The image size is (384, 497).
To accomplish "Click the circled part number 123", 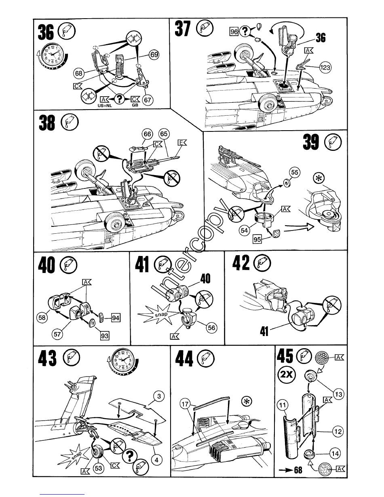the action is tap(325, 68).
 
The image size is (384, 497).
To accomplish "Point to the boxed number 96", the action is tap(233, 31).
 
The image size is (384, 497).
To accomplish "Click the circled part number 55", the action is tap(295, 173).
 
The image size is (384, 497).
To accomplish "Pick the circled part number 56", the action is tap(211, 328).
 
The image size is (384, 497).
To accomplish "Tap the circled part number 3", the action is tap(160, 397).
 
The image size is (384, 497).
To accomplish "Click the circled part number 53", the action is tap(98, 469).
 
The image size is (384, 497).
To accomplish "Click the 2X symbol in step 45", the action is tap(287, 375).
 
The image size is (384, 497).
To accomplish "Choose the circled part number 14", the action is tap(335, 453).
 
